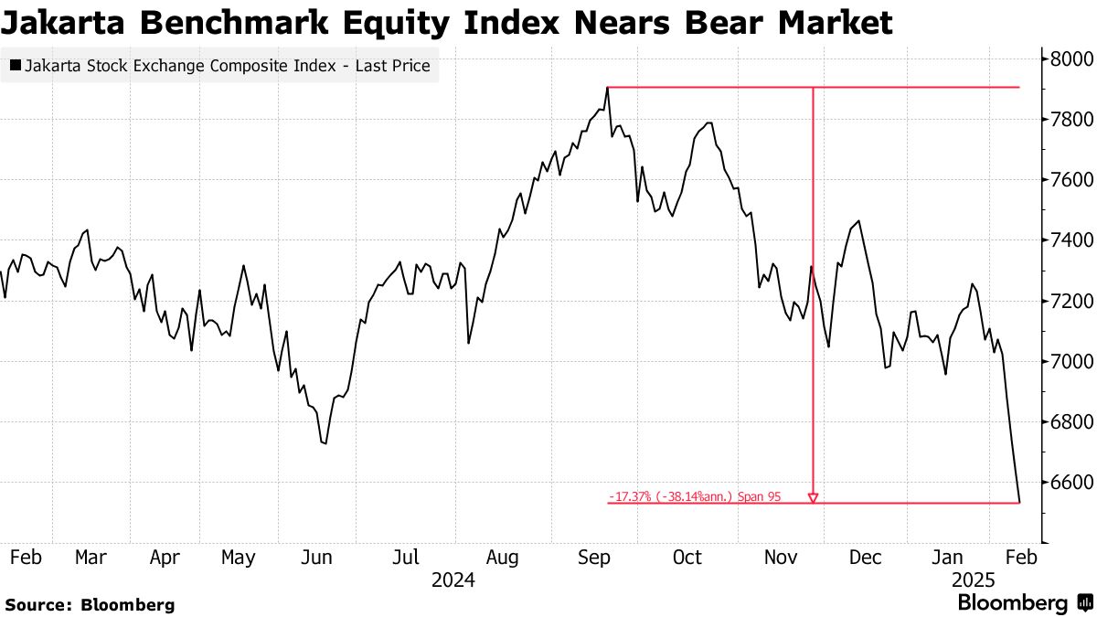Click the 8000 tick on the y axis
(x=1067, y=59)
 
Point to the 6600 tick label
(x=1067, y=483)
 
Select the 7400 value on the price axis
(x=1067, y=240)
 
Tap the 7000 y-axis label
(x=1067, y=362)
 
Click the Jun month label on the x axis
(x=317, y=558)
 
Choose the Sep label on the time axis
(x=594, y=558)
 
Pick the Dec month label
(x=865, y=558)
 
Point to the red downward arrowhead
(x=813, y=498)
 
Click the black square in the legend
(x=16, y=66)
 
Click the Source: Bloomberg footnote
(x=90, y=604)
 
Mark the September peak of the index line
(x=608, y=88)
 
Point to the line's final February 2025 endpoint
(x=1020, y=502)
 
